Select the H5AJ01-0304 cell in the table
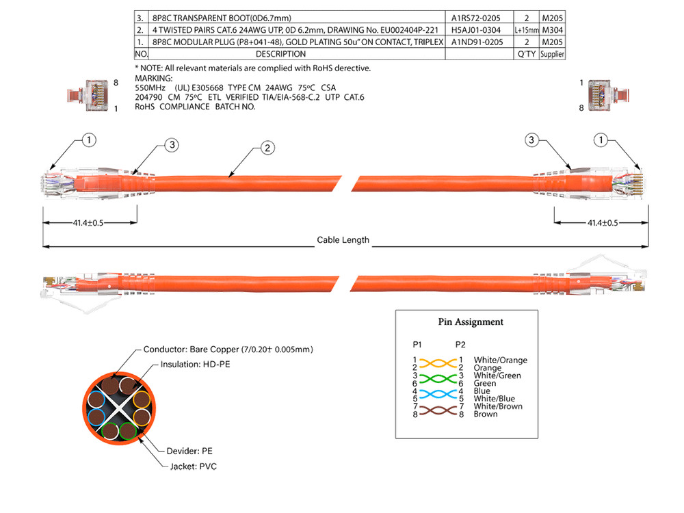(477, 30)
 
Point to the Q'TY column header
(527, 53)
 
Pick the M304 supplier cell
(553, 30)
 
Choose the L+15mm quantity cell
(527, 30)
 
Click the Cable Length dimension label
(343, 240)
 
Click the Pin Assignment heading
(471, 321)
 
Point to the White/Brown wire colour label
(498, 406)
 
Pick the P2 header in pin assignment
(460, 343)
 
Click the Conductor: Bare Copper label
(228, 350)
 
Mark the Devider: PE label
(189, 451)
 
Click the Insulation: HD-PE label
(195, 365)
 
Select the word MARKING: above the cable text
(154, 79)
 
